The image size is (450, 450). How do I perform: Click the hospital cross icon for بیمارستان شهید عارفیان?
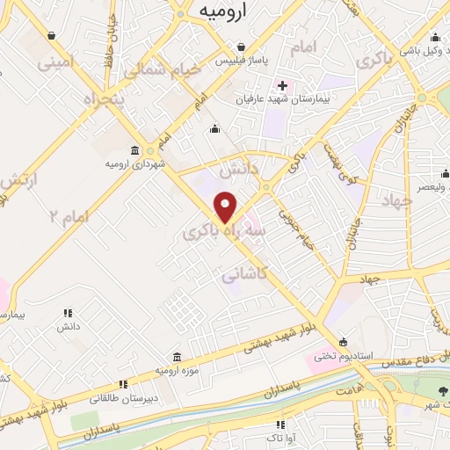(282, 85)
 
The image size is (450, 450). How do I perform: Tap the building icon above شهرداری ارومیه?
(134, 149)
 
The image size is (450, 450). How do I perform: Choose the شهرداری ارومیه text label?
(133, 164)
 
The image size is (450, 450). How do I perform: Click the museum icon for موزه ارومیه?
(178, 357)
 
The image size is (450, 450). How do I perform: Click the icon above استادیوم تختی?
(343, 343)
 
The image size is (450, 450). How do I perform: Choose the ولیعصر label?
(430, 186)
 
